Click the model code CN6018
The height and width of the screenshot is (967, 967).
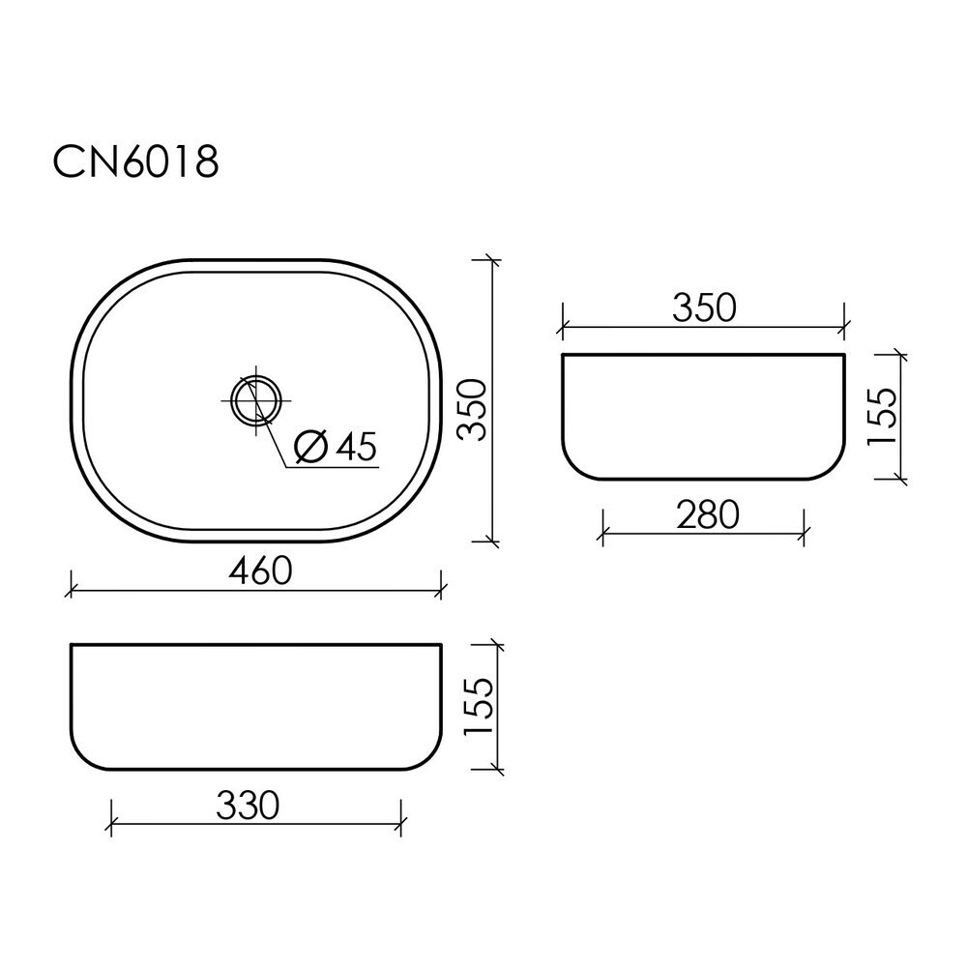tap(135, 162)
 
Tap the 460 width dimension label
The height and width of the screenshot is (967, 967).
tap(260, 571)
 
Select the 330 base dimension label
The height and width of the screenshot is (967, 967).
tap(248, 806)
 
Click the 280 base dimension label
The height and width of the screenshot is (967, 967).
tap(708, 515)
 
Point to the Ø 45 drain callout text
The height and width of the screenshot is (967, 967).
tap(336, 447)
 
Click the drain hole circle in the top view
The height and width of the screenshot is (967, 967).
tap(256, 400)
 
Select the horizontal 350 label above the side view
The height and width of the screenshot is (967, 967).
tap(704, 308)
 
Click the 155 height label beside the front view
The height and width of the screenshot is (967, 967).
tap(479, 706)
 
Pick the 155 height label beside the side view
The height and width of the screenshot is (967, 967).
tap(883, 416)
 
